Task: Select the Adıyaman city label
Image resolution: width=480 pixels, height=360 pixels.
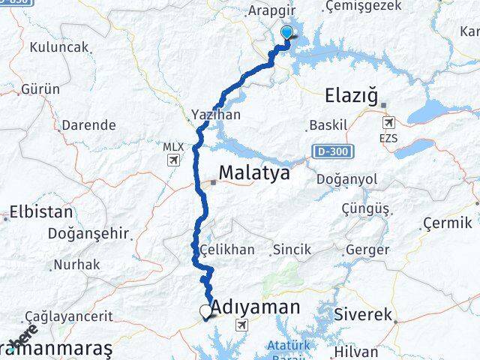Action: click(256, 306)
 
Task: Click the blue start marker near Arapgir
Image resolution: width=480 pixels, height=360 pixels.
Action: click(286, 32)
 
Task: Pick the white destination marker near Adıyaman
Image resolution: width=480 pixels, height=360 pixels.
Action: click(205, 311)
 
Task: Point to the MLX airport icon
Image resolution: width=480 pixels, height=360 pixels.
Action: click(174, 160)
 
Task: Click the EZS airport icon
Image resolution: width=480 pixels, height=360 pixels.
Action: click(388, 123)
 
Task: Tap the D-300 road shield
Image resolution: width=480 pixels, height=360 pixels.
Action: click(327, 152)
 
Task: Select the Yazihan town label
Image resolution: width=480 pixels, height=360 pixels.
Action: click(216, 115)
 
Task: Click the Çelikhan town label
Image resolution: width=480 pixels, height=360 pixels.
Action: click(227, 250)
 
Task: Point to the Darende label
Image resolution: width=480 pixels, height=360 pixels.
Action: click(88, 125)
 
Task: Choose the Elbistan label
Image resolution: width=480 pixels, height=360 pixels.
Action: click(41, 212)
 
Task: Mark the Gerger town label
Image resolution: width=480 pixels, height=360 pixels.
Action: click(367, 250)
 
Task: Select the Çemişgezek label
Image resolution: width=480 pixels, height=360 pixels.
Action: click(364, 6)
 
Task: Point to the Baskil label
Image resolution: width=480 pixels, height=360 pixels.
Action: click(328, 125)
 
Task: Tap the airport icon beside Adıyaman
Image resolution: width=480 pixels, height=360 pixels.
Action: click(241, 325)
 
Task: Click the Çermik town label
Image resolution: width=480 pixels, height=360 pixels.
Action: click(447, 223)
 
